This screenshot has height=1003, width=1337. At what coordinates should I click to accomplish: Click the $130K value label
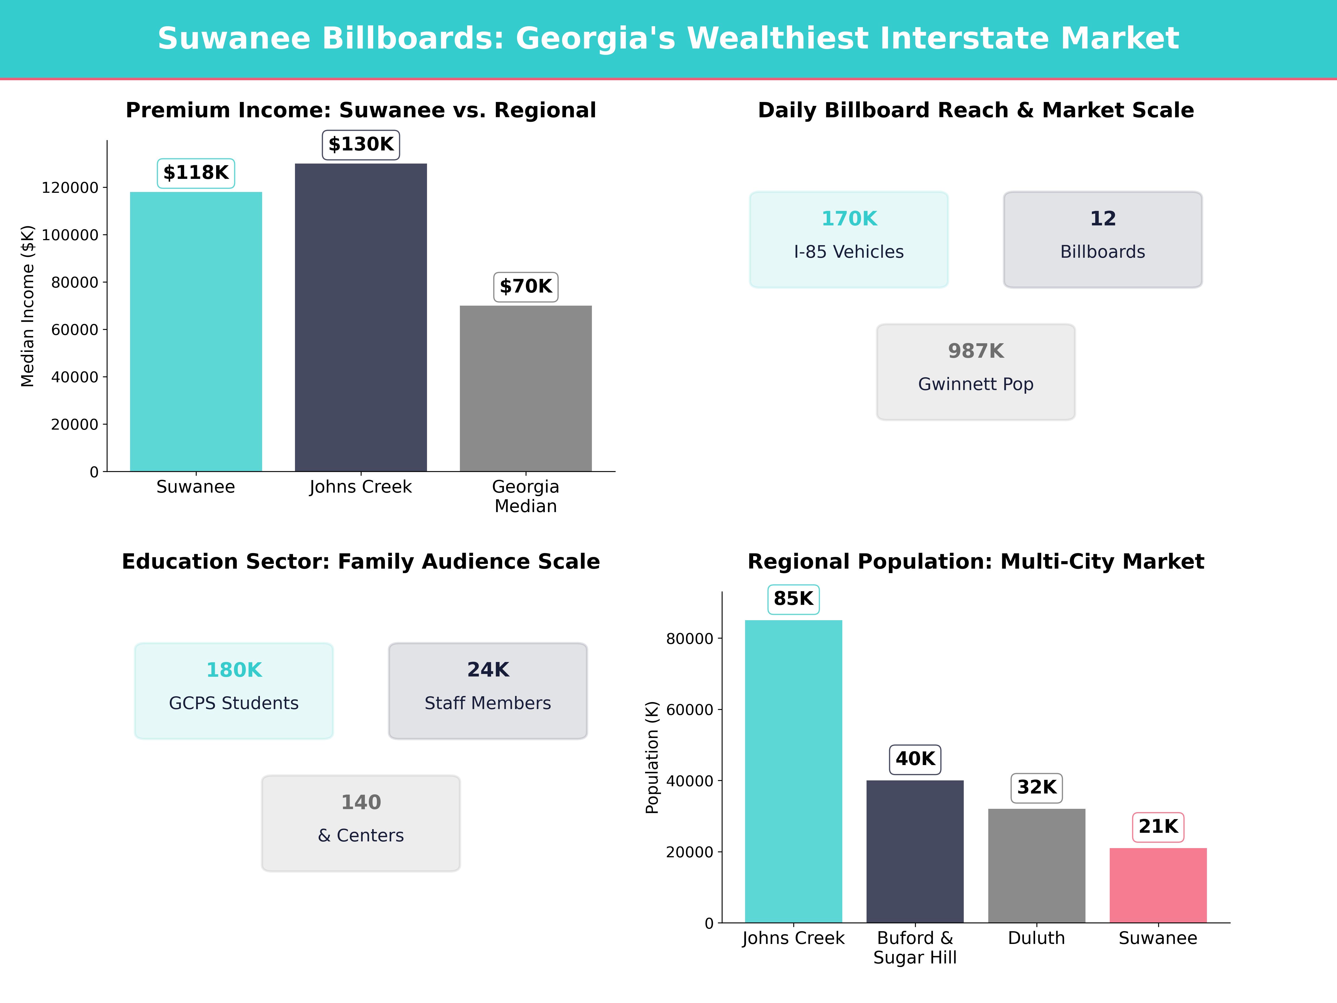pyautogui.click(x=361, y=145)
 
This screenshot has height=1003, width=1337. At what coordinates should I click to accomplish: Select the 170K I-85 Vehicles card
pyautogui.click(x=849, y=239)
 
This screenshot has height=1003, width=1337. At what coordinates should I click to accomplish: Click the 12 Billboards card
pyautogui.click(x=1102, y=239)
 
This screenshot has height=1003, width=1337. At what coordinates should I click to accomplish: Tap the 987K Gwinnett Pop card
pyautogui.click(x=975, y=372)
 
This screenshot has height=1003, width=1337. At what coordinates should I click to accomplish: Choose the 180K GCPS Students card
pyautogui.click(x=234, y=690)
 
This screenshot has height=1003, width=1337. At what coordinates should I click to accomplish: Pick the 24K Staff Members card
pyautogui.click(x=488, y=690)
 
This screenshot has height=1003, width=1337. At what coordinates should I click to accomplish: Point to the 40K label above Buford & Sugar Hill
pyautogui.click(x=915, y=759)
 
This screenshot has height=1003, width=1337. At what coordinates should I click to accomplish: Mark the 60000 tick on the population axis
pyautogui.click(x=690, y=710)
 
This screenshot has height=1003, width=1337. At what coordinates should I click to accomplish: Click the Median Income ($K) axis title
pyautogui.click(x=28, y=306)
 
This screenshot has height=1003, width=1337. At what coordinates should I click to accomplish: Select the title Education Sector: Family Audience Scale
pyautogui.click(x=361, y=562)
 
